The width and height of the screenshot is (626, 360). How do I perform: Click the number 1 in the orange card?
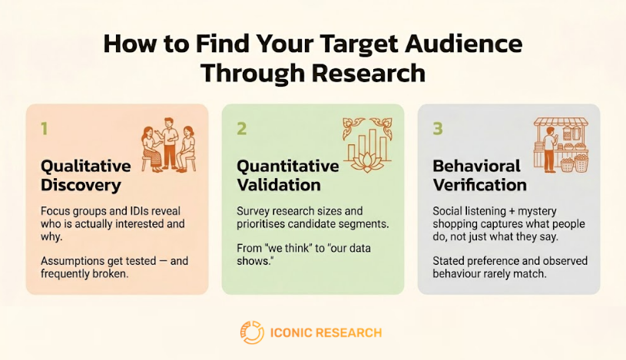click(44, 128)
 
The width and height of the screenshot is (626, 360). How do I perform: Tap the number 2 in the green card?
click(241, 128)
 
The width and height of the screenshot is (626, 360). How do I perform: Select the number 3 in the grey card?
click(438, 128)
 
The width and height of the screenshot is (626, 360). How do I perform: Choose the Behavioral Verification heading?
click(480, 175)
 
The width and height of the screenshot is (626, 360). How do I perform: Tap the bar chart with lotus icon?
click(367, 144)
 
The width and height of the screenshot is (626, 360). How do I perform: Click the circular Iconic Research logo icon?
click(251, 332)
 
